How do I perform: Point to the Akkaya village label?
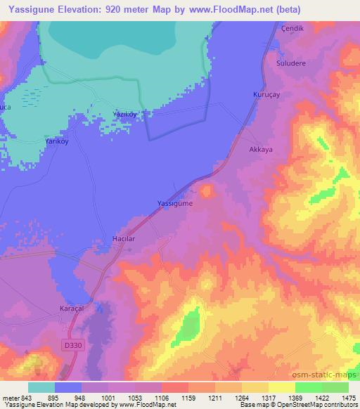(x=261, y=150)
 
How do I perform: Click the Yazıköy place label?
(x=126, y=114)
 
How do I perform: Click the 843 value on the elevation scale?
(x=26, y=397)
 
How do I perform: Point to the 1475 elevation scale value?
(x=348, y=397)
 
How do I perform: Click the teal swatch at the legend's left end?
(x=41, y=387)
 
